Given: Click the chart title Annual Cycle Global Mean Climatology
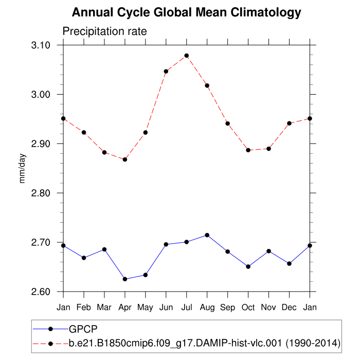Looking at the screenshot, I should pyautogui.click(x=186, y=12).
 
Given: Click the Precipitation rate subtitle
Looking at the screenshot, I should pyautogui.click(x=104, y=31).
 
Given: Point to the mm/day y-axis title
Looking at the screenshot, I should pyautogui.click(x=23, y=168).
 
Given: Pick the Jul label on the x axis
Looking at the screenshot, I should pyautogui.click(x=187, y=307).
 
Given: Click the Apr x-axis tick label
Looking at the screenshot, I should pyautogui.click(x=125, y=307).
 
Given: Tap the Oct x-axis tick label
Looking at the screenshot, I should pyautogui.click(x=248, y=307).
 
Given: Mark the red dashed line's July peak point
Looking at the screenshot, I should pyautogui.click(x=187, y=56).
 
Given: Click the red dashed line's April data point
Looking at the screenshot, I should pyautogui.click(x=125, y=159).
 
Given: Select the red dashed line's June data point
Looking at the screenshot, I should pyautogui.click(x=166, y=71).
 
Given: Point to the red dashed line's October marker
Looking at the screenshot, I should pyautogui.click(x=248, y=150).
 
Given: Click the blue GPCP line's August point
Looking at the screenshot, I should pyautogui.click(x=207, y=235).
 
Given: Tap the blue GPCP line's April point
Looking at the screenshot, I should pyautogui.click(x=125, y=279).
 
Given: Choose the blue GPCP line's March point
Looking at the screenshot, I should pyautogui.click(x=104, y=249).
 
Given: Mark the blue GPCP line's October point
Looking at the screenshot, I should pyautogui.click(x=248, y=266).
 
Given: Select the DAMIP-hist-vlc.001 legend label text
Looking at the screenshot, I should pyautogui.click(x=205, y=342).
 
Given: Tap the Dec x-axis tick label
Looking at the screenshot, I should pyautogui.click(x=290, y=307).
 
